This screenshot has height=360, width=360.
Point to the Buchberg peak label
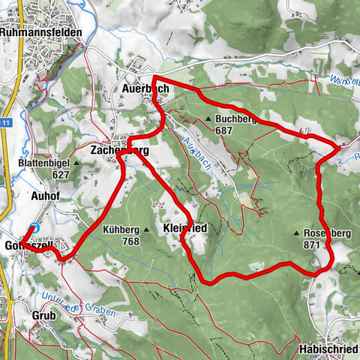coord(235,119)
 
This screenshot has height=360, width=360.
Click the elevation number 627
coord(61,174)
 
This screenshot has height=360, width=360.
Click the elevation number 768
coord(130,241)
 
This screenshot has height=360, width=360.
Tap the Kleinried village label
coord(184,227)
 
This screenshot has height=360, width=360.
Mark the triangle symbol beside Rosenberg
coord(298,233)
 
